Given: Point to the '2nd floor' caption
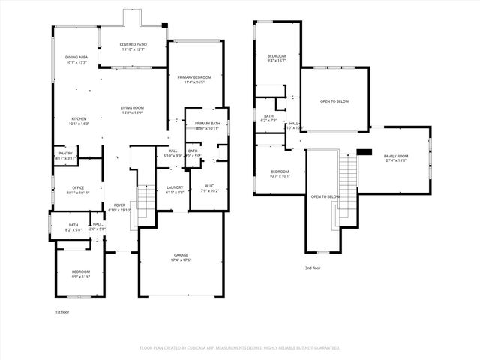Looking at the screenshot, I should [313, 268].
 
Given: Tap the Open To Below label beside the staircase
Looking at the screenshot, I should [325, 196].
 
